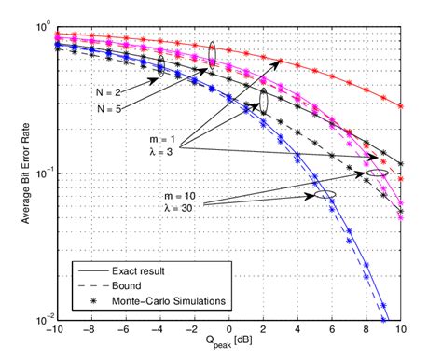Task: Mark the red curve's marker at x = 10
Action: (x=401, y=106)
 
